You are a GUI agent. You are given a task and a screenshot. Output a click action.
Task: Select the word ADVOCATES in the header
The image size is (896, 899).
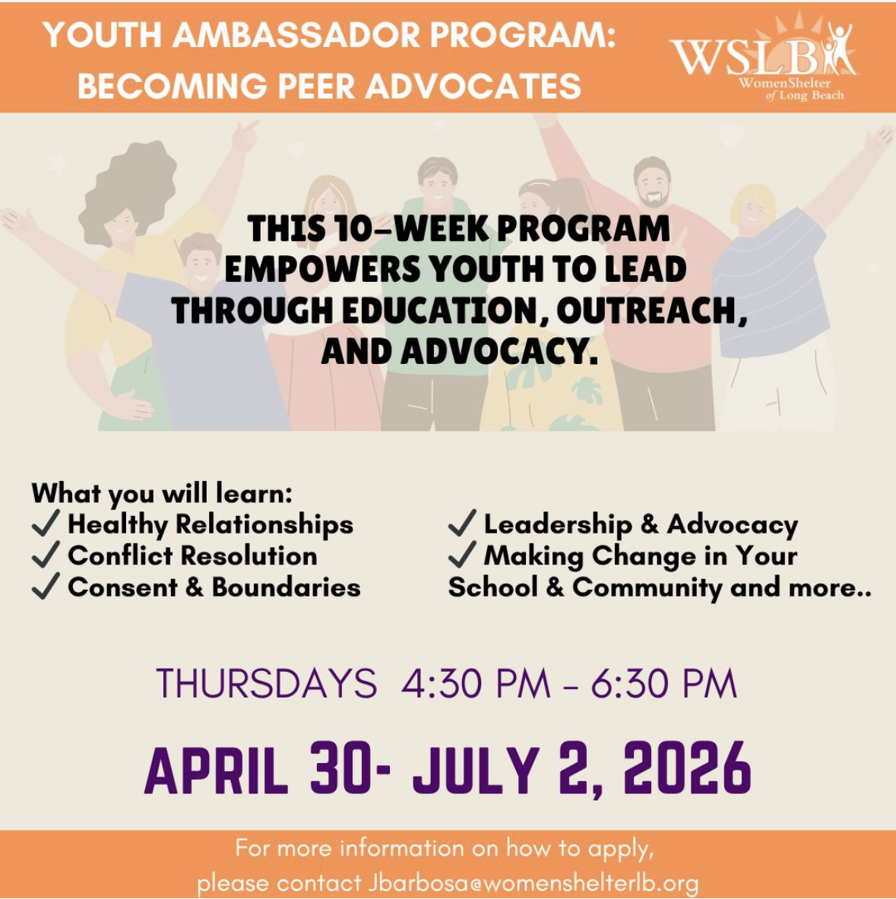tap(473, 86)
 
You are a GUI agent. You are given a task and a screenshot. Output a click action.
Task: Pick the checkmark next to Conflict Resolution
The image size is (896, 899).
tap(46, 554)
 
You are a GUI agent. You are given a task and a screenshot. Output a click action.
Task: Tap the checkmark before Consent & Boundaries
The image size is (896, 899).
tap(46, 585)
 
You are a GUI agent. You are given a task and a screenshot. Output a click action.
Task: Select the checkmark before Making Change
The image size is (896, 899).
tap(462, 554)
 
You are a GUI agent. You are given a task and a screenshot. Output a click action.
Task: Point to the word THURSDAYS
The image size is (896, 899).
tap(267, 683)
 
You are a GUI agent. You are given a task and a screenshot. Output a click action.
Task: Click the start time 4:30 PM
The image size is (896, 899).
tap(476, 683)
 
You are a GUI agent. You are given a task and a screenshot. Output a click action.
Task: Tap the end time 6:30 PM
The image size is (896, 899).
tap(664, 683)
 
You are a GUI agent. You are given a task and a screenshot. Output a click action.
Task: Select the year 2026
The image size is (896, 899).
tap(687, 768)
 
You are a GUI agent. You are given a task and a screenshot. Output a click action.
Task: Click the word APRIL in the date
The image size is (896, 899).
tap(216, 769)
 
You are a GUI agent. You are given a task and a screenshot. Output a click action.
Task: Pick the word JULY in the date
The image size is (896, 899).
tap(476, 769)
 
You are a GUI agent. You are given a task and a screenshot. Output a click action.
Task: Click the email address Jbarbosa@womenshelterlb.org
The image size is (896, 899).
tap(533, 883)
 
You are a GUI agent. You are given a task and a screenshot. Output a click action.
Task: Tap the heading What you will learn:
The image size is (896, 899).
tap(162, 493)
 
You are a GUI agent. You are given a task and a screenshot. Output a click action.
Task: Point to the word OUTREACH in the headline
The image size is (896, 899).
tap(652, 312)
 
